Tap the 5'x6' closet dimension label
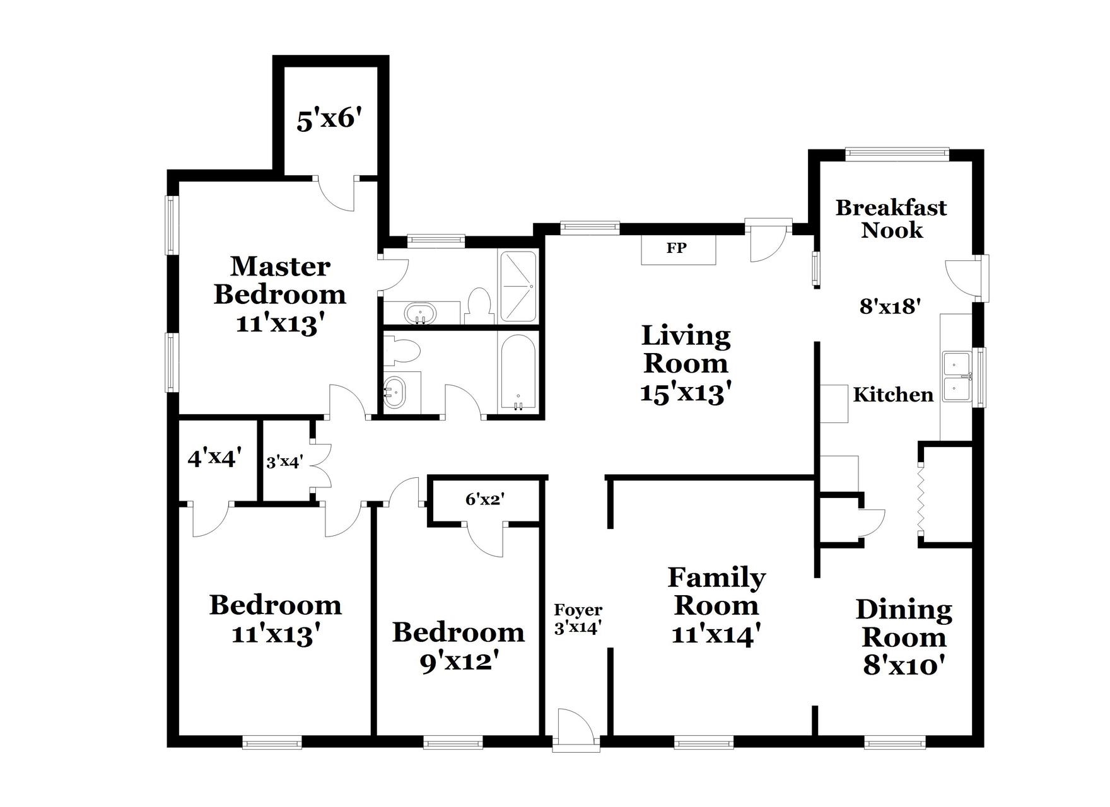tap(329, 119)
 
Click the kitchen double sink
tap(957, 377)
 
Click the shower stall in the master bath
tap(518, 287)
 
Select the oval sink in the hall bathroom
tap(396, 391)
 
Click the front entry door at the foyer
tap(575, 729)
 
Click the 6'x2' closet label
tap(484, 499)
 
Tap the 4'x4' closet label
tap(215, 458)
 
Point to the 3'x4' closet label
tap(284, 462)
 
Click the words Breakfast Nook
tap(891, 219)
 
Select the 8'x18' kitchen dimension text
tap(891, 306)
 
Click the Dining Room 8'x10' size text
tap(903, 665)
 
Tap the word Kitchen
tap(893, 395)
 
